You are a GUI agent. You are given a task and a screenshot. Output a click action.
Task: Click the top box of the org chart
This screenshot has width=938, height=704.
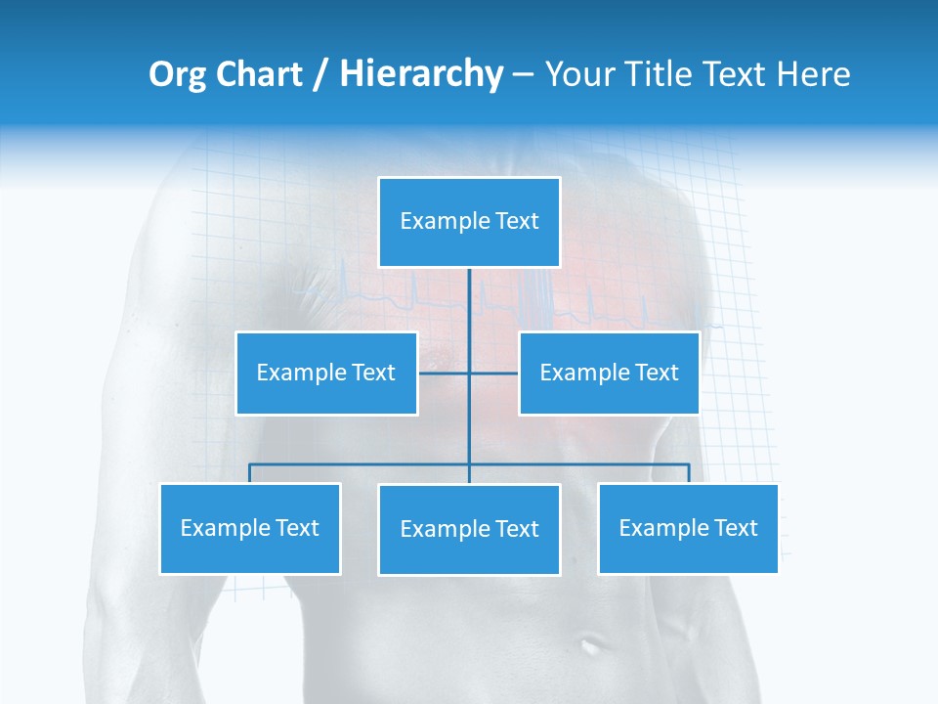tap(469, 222)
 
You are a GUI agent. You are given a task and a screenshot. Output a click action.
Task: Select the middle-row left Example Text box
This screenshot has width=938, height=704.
tap(326, 373)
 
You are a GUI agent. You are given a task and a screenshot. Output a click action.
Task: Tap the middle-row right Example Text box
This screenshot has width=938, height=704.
tap(609, 373)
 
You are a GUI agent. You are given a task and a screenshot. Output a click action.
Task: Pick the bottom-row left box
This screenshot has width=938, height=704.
tap(250, 528)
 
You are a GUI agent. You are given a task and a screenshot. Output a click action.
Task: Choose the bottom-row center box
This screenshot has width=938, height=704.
tap(469, 529)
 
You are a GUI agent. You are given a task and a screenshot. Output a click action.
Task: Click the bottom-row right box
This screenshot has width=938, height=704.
tap(688, 528)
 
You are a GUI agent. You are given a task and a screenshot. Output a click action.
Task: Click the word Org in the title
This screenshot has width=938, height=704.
tap(176, 74)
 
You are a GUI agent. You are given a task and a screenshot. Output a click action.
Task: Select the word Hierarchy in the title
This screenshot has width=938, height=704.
tap(420, 74)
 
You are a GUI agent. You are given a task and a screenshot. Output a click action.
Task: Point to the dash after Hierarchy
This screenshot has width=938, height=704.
tap(523, 75)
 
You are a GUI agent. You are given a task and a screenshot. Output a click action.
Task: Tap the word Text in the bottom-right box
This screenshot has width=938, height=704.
tap(735, 528)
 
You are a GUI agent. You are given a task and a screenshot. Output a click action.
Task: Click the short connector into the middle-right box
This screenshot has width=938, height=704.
tap(494, 373)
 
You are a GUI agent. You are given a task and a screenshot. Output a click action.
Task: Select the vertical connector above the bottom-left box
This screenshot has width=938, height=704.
tap(250, 473)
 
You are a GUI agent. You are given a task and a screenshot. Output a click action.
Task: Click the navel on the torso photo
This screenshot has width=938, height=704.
tap(591, 644)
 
